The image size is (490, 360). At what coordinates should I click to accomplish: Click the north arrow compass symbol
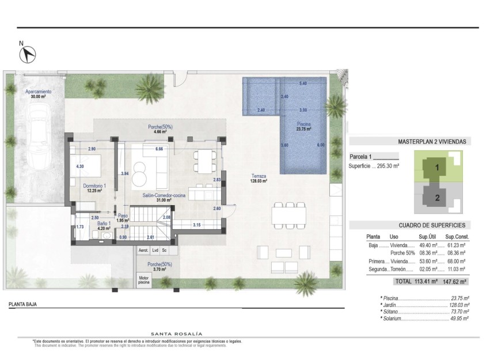coord(27,54)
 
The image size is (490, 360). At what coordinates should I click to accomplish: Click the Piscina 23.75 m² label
coord(304,127)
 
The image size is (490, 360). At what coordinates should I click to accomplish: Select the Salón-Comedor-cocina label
coord(164,196)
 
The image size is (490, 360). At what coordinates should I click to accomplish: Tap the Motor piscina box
coord(143,281)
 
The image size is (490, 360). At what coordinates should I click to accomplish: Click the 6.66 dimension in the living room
coord(159,149)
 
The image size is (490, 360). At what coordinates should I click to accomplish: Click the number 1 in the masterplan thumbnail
coord(437,168)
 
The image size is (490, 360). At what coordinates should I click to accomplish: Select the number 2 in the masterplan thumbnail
coord(437,198)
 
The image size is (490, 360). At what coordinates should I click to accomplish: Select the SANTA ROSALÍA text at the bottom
coord(176,334)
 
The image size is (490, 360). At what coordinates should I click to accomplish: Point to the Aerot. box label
coord(143,251)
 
